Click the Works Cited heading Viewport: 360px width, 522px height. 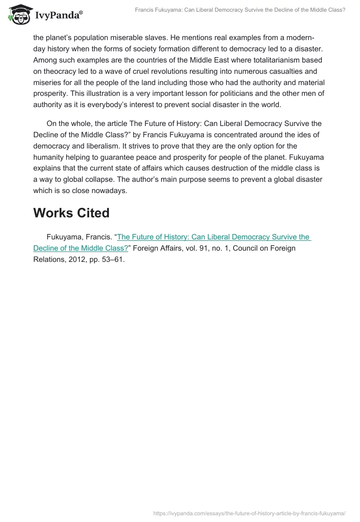(x=71, y=213)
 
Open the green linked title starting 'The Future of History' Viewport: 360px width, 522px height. (x=213, y=237)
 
